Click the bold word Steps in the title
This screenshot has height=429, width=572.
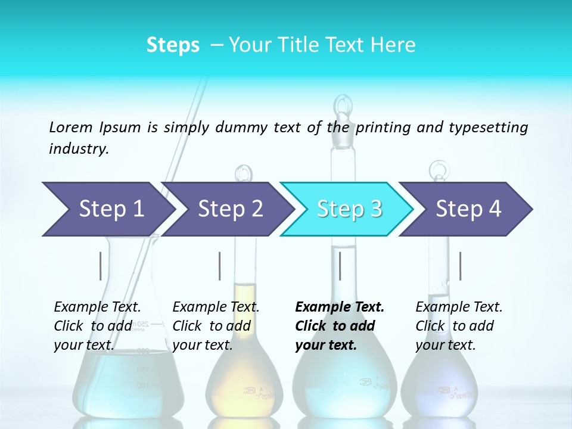(x=173, y=45)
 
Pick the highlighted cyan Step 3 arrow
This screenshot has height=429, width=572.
(x=349, y=209)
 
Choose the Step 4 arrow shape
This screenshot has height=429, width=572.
(x=468, y=209)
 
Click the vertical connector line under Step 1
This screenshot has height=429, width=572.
(x=101, y=266)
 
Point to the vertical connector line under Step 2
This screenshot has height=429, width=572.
(x=220, y=266)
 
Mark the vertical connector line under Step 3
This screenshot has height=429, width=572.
(x=340, y=266)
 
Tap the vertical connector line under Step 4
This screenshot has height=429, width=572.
(x=460, y=266)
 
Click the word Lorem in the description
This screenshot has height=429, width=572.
(x=71, y=127)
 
